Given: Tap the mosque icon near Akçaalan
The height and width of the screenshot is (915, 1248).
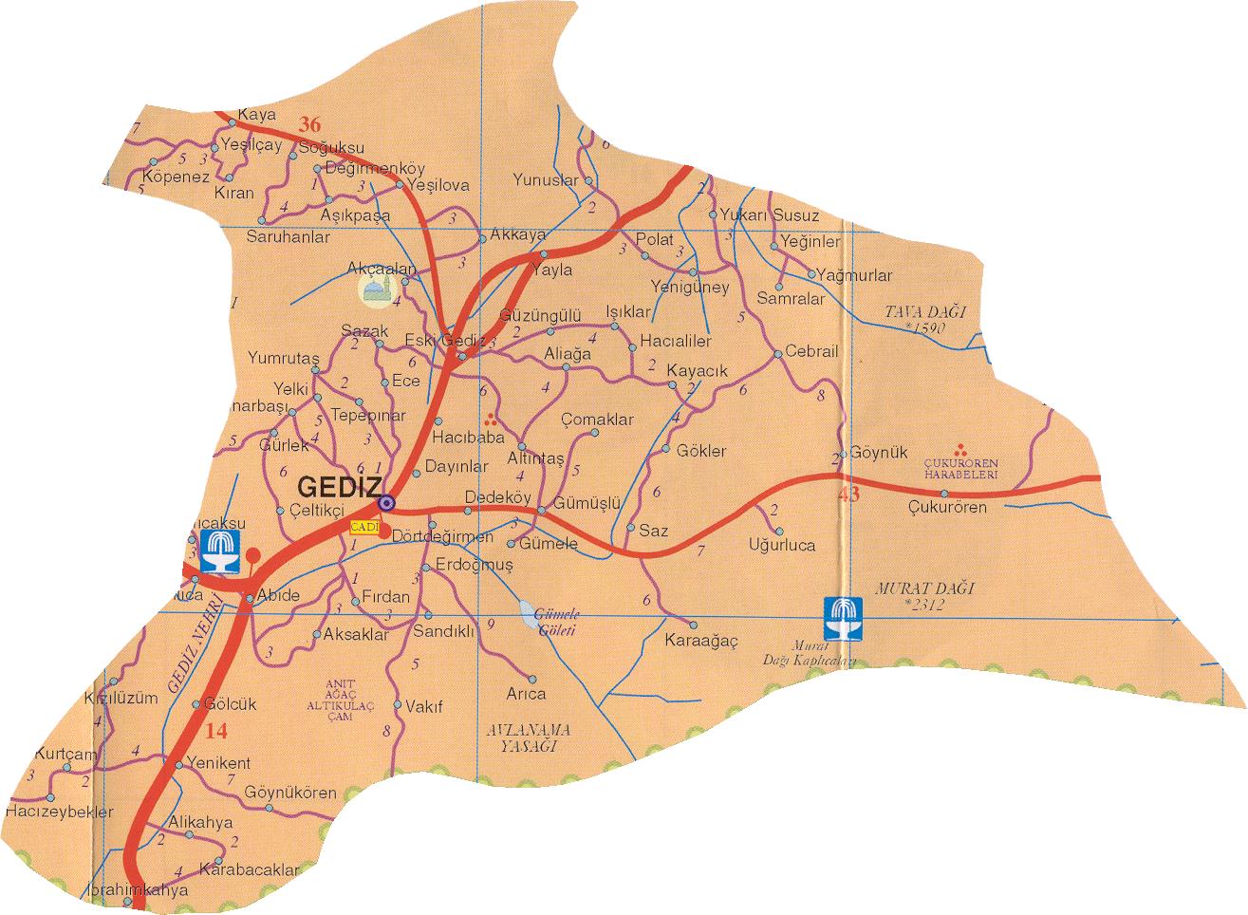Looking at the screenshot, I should coord(374,289).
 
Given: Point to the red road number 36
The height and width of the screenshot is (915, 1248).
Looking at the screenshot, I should coord(309,123).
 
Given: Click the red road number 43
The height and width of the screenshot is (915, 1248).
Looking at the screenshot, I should coord(848,494).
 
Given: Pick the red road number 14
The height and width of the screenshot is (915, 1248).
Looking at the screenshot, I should coord(216,730).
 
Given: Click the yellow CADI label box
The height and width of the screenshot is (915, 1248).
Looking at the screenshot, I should coord(363,526).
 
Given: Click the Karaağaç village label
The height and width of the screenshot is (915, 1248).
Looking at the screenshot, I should coord(701,642).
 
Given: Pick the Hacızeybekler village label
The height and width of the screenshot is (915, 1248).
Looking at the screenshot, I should coord(59,812).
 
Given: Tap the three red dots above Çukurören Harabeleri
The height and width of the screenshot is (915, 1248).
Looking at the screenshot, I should coord(960,449).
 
